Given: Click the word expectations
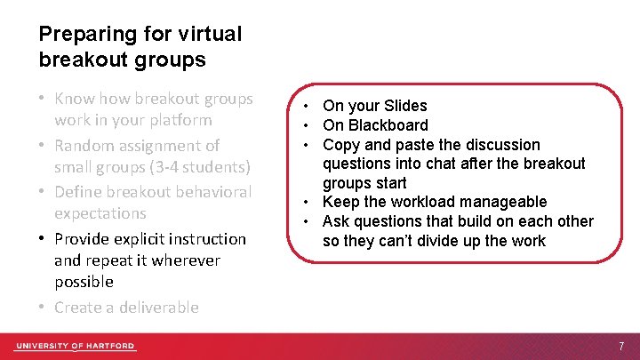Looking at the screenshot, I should coord(100,213).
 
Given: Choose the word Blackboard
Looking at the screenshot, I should coord(388,125).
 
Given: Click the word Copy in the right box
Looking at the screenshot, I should coord(340,145).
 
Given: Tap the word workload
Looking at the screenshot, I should coord(417,202).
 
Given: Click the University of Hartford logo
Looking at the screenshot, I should coord(76,346).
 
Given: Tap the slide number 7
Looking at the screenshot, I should coord(622,346).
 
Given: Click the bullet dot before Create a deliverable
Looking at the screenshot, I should coord(43,307).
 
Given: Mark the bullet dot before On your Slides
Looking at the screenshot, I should coord(306,106).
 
